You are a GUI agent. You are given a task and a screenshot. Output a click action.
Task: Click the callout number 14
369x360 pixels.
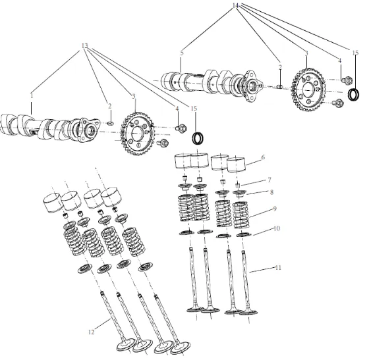pyautogui.click(x=235, y=5)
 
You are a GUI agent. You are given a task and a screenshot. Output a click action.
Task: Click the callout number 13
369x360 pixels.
pyautogui.click(x=85, y=45)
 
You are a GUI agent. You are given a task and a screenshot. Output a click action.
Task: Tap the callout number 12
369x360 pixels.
pyautogui.click(x=92, y=332)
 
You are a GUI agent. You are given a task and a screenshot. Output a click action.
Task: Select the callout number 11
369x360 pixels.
pyautogui.click(x=278, y=267)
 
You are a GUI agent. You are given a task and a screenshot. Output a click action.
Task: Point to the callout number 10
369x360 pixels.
pyautogui.click(x=277, y=228)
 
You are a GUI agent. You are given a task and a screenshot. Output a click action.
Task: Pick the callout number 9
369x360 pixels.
pyautogui.click(x=274, y=209)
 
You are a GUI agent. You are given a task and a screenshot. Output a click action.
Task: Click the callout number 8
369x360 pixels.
pyautogui.click(x=271, y=192)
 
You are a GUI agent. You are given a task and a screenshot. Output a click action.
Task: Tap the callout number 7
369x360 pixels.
pyautogui.click(x=270, y=180)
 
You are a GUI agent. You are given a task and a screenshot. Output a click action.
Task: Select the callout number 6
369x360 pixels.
pyautogui.click(x=263, y=157)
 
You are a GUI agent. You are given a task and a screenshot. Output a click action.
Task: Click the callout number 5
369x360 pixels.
pyautogui.click(x=182, y=53)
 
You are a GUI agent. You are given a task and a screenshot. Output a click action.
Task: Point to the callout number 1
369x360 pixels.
pyautogui.click(x=32, y=96)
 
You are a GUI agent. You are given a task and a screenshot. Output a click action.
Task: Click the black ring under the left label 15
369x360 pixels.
pyautogui.click(x=198, y=139)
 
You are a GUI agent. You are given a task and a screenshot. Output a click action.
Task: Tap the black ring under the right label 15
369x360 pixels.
pyautogui.click(x=354, y=94)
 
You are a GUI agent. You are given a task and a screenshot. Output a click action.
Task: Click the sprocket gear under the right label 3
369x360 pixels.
pyautogui.click(x=309, y=90)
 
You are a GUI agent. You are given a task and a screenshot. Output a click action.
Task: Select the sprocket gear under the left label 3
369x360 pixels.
pyautogui.click(x=137, y=134)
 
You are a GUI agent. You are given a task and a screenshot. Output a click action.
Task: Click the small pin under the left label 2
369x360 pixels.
pyautogui.click(x=111, y=123)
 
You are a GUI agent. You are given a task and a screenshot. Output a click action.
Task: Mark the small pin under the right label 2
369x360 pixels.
pyautogui.click(x=279, y=86)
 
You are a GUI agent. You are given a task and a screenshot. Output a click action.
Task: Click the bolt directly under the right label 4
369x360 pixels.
pyautogui.click(x=347, y=80)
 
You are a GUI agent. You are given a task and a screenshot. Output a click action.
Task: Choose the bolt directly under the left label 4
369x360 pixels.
pyautogui.click(x=181, y=128)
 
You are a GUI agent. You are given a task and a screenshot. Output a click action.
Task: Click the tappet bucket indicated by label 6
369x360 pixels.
pyautogui.click(x=236, y=165)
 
